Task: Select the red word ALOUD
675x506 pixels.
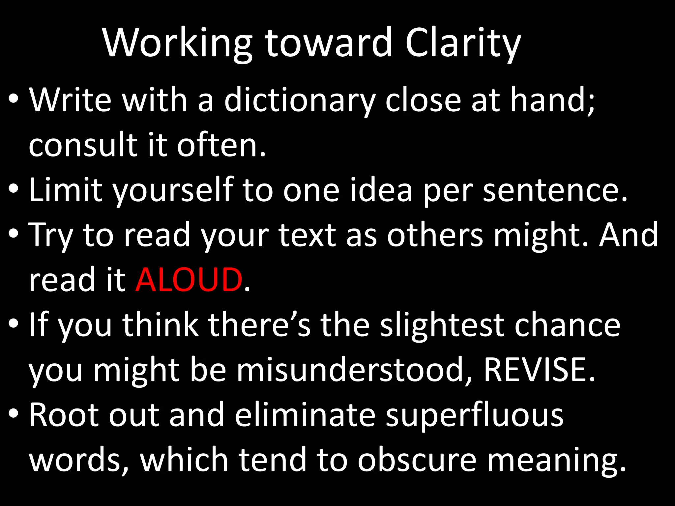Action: pyautogui.click(x=189, y=280)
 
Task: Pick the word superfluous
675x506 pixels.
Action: pyautogui.click(x=475, y=416)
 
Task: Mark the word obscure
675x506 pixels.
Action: pyautogui.click(x=417, y=460)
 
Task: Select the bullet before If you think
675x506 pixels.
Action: pyautogui.click(x=13, y=323)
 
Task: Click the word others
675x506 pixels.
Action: pyautogui.click(x=435, y=235)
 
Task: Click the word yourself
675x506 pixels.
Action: pyautogui.click(x=173, y=190)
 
